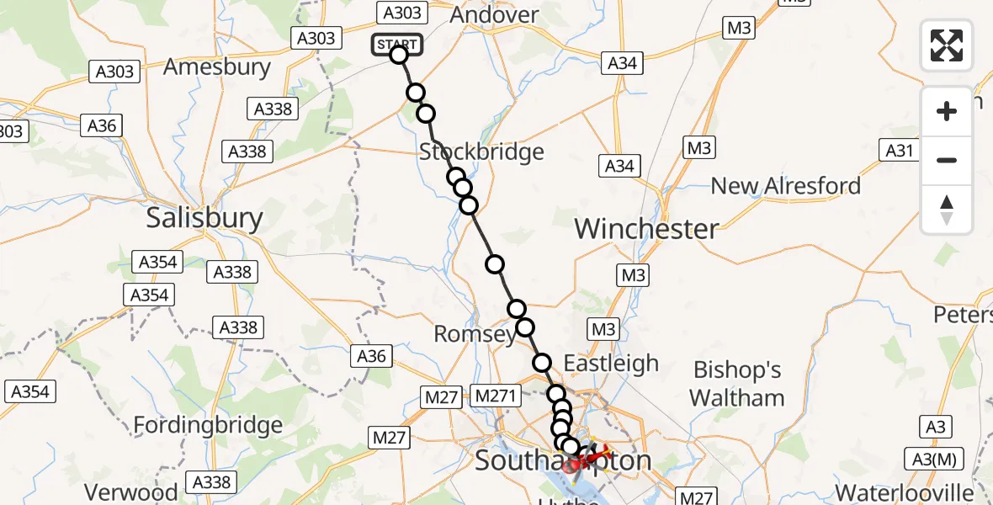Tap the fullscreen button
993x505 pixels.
[x=947, y=45]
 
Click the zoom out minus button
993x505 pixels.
[x=947, y=160]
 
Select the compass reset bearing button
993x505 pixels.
[x=947, y=209]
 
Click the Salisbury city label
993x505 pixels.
[x=204, y=219]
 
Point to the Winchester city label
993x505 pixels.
[x=646, y=228]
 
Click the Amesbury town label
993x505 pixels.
[x=218, y=67]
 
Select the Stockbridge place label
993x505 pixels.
[x=481, y=152]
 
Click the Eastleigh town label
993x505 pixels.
[x=611, y=364]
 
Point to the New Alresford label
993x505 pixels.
[x=786, y=186]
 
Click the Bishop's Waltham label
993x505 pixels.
[x=736, y=384]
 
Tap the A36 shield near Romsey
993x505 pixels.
[x=371, y=356]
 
